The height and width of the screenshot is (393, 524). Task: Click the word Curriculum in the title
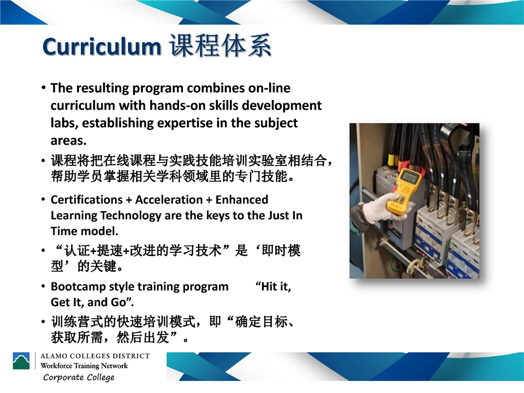coord(102,46)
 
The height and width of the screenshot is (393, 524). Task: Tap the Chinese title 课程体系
coord(220,45)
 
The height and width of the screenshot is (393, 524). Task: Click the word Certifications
coord(87,200)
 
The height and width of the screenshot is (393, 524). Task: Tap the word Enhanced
coord(242,200)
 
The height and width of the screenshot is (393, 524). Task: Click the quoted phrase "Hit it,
coord(273,287)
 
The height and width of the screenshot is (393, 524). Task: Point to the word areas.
coord(69,141)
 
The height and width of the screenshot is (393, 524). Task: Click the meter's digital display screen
coord(410,176)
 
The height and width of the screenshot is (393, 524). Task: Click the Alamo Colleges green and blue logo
coord(21,361)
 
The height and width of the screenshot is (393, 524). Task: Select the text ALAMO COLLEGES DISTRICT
coord(95,356)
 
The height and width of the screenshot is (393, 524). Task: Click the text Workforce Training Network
coord(84,366)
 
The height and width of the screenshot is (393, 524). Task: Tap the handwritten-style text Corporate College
coord(79,378)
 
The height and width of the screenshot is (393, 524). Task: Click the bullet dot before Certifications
coord(43,200)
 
